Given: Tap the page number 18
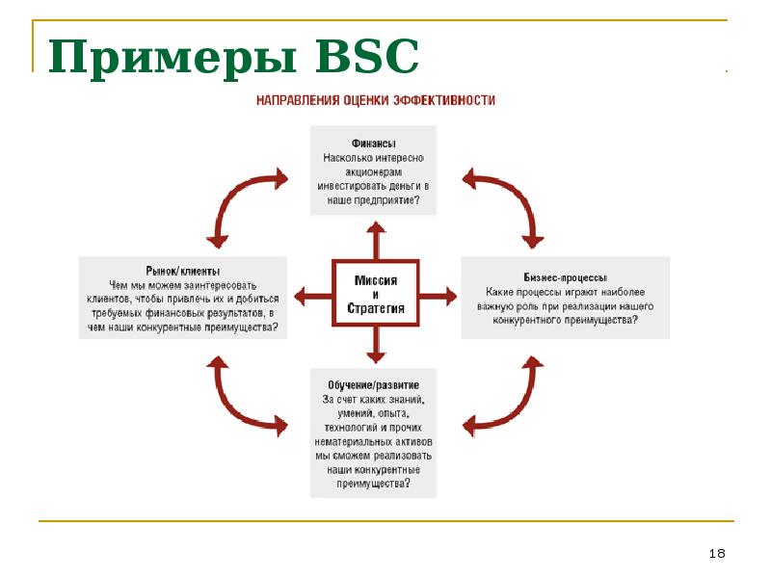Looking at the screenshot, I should coord(716,553).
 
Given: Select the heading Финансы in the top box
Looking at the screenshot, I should coord(373,142).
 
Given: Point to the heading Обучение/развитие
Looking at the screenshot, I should coord(371,384).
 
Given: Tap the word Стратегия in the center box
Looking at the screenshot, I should coord(375,309).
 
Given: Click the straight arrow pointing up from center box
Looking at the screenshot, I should coord(375,239).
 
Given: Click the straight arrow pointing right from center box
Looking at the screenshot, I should coord(439,294).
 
